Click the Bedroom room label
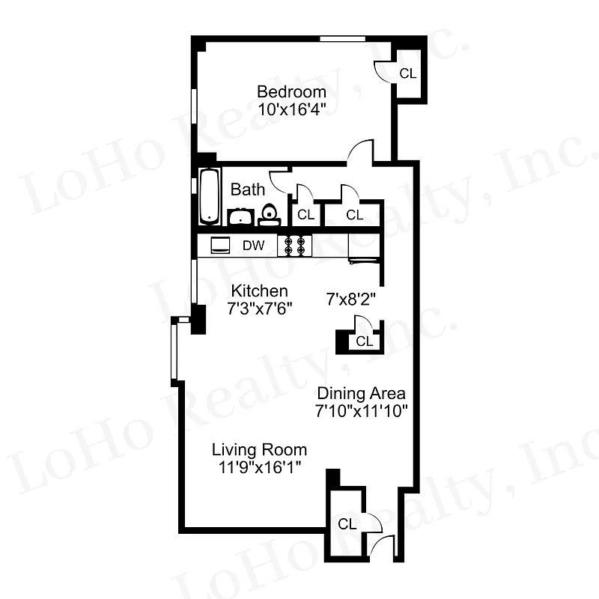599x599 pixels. [291, 92]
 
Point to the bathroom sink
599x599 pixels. [240, 217]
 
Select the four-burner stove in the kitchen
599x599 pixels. [294, 246]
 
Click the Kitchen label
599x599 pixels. [259, 291]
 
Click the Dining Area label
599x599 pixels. [361, 393]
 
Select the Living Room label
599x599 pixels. [259, 450]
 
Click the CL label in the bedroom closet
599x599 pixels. [407, 73]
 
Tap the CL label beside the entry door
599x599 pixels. [346, 524]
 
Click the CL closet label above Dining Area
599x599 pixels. [364, 341]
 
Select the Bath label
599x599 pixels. [247, 189]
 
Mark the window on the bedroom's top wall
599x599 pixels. [342, 38]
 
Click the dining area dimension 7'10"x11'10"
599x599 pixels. [361, 410]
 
